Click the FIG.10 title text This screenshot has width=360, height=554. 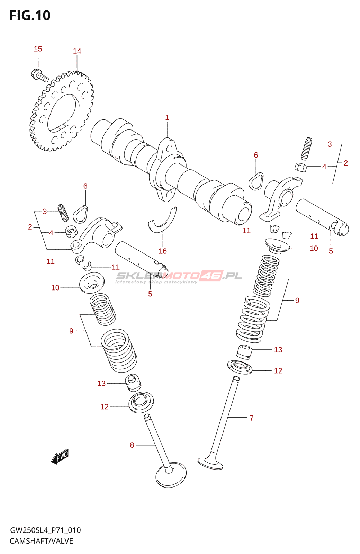pos(30,16)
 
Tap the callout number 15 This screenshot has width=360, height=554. pos(38,49)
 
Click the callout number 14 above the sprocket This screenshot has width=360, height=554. pos(77,51)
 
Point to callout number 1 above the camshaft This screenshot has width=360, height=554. pos(167,118)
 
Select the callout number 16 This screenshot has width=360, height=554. pos(163,251)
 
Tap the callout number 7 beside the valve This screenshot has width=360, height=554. pos(251,418)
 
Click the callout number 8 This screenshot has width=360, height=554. pos(132,445)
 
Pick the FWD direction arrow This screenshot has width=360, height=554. pos(60,457)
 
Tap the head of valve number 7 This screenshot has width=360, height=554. pos(210,463)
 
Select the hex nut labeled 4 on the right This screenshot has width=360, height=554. pos(301,167)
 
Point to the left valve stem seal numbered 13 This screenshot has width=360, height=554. pos(133,382)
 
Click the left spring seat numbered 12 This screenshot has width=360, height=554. pos(141,402)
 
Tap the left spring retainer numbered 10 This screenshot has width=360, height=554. pos(92,282)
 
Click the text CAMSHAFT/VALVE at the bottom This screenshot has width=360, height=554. pos(41,541)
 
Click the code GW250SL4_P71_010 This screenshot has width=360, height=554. pos(45,530)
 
